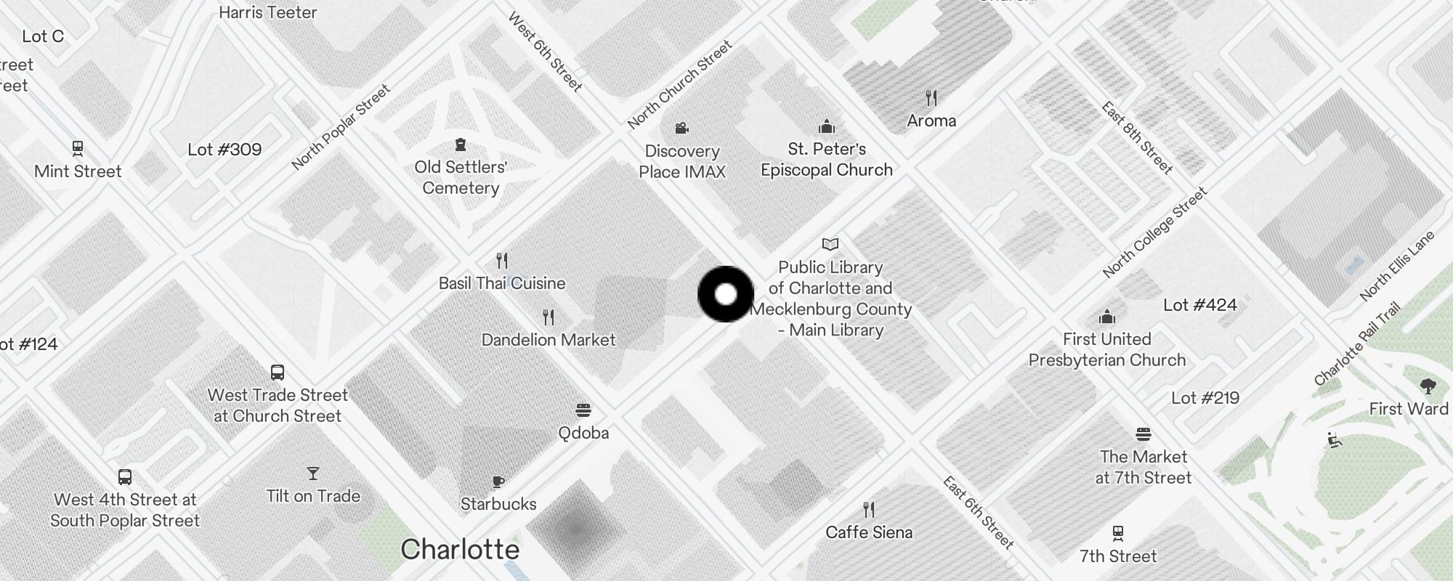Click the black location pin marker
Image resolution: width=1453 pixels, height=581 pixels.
click(x=726, y=294)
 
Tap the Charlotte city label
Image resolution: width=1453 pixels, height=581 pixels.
click(x=460, y=550)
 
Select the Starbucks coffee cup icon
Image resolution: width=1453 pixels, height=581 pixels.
click(x=498, y=482)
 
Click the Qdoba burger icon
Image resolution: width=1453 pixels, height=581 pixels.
click(x=583, y=410)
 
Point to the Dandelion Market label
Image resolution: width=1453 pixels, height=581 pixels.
click(x=549, y=340)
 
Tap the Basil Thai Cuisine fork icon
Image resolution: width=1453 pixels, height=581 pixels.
click(x=502, y=260)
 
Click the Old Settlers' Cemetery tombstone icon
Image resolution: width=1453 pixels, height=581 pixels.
click(x=460, y=145)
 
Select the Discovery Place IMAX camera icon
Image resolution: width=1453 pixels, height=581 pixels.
click(x=681, y=129)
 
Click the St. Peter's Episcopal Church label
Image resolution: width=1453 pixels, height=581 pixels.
click(x=827, y=160)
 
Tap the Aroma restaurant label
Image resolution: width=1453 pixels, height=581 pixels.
click(x=931, y=121)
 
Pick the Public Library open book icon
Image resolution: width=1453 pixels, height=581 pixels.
click(x=830, y=244)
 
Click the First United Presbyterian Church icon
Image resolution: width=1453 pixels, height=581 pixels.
click(x=1107, y=317)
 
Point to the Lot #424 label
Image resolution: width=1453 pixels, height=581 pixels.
click(x=1199, y=305)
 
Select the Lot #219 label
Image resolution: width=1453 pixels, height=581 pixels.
click(x=1205, y=398)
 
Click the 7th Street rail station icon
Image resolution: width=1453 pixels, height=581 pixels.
click(x=1118, y=534)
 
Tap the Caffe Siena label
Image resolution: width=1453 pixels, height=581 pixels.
click(x=869, y=532)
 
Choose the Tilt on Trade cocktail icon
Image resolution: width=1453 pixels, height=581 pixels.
click(x=313, y=474)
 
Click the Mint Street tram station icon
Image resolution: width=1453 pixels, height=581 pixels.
click(x=78, y=149)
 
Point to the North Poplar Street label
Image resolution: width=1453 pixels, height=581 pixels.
click(x=341, y=127)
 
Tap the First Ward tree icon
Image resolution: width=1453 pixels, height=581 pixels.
click(x=1428, y=386)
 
